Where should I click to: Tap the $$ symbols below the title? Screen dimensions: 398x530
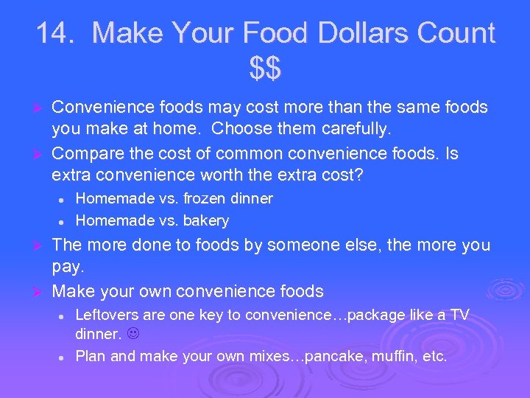pyautogui.click(x=265, y=70)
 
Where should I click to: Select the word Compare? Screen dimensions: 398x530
pyautogui.click(x=89, y=153)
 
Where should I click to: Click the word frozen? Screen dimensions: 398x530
pyautogui.click(x=204, y=198)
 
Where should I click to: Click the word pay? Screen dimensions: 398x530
pyautogui.click(x=68, y=268)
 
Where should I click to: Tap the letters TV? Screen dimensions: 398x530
pyautogui.click(x=459, y=315)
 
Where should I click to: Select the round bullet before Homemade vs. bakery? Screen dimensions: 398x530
pyautogui.click(x=63, y=220)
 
